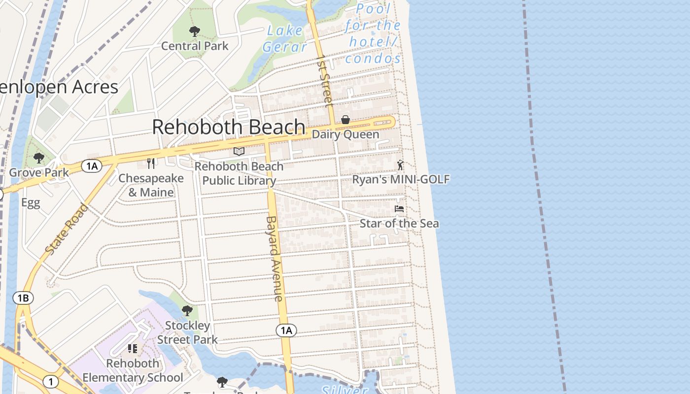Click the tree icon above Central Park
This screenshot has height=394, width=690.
[x=195, y=32]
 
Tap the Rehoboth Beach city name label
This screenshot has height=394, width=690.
[x=228, y=127]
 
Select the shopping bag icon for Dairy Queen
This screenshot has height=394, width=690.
[x=345, y=120]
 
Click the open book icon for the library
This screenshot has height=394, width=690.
[x=239, y=151]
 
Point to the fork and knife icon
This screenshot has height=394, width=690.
[x=151, y=163]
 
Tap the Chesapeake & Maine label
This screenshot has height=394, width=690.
[x=151, y=185]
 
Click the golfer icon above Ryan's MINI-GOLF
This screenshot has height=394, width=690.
[x=400, y=165]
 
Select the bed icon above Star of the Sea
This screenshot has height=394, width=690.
[x=399, y=209]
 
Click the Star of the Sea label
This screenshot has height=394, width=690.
[x=399, y=224]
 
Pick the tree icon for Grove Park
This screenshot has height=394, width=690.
[x=38, y=158]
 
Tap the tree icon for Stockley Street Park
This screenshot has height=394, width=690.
[x=187, y=311]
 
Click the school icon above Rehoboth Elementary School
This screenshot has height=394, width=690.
[x=132, y=349]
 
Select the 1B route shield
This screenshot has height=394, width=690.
[x=23, y=298]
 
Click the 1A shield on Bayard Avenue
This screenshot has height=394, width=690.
[x=286, y=330]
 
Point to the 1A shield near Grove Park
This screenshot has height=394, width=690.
[x=92, y=166]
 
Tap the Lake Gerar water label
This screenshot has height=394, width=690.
[x=285, y=38]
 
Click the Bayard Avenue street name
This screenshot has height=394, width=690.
[x=275, y=259]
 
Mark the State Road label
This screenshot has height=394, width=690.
[x=67, y=229]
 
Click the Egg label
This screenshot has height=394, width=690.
[x=31, y=203]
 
